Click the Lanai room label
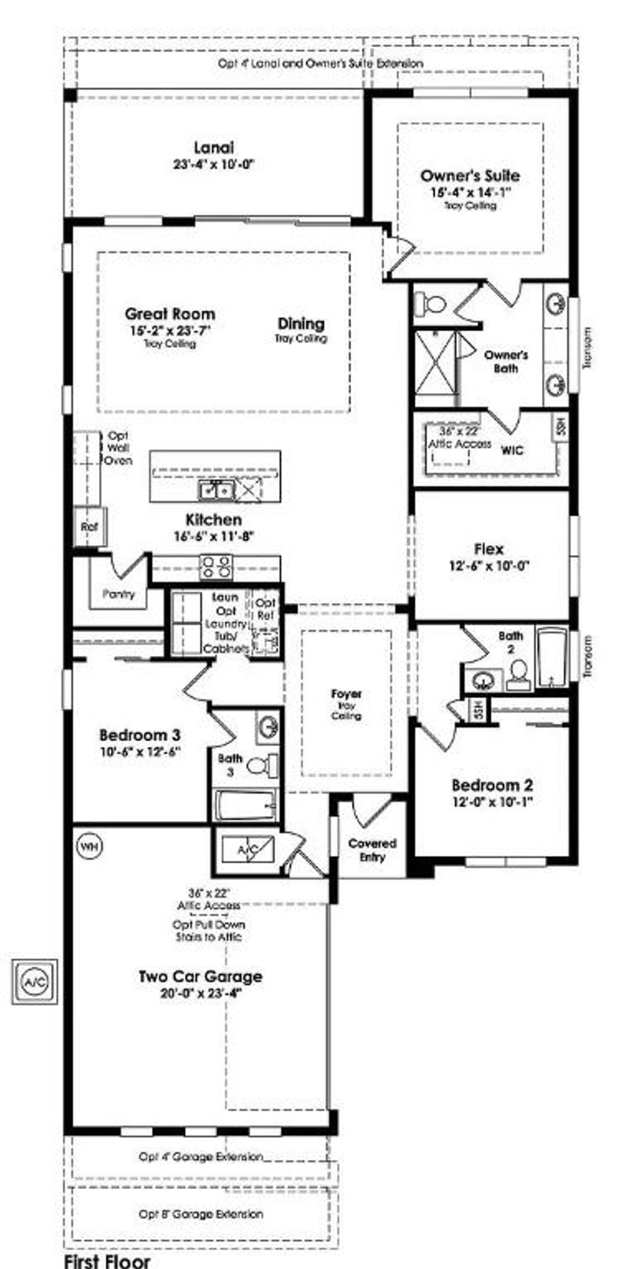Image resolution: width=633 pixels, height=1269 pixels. (214, 148)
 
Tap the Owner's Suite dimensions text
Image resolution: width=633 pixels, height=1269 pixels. (471, 192)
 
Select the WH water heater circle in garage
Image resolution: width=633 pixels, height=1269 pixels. (90, 846)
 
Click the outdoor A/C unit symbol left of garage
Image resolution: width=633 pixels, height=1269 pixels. (35, 982)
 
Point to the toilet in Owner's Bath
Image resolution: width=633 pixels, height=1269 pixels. (430, 303)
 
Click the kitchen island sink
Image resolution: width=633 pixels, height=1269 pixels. (215, 491)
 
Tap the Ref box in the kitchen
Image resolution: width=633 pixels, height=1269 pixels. (90, 527)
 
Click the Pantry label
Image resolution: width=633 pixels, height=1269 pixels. (119, 594)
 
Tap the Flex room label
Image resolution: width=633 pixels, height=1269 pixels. (488, 549)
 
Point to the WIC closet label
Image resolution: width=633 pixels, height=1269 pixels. (512, 451)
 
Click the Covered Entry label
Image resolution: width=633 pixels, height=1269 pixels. (372, 850)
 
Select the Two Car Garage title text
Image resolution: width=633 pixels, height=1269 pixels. (200, 977)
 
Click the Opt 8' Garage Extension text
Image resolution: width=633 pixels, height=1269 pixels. (201, 1213)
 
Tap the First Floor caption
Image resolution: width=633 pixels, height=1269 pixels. (107, 1260)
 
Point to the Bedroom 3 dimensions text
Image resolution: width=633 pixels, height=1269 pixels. (140, 752)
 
